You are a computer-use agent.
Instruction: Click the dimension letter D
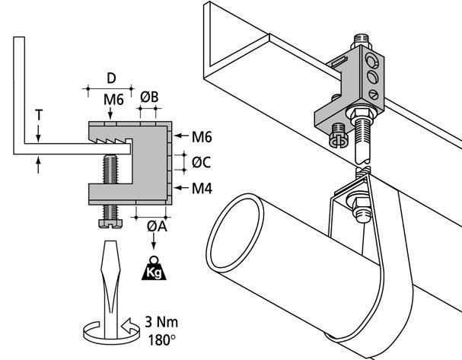[x=111, y=78]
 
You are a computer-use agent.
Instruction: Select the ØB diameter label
[x=149, y=97]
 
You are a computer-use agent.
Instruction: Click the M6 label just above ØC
[x=202, y=137]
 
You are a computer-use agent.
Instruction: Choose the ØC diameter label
[x=202, y=161]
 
